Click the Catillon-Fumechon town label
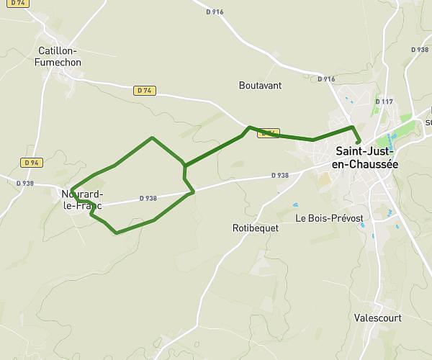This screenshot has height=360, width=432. (x=58, y=56)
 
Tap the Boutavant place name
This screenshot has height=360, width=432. (x=260, y=85)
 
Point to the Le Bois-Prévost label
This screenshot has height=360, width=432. (x=329, y=217)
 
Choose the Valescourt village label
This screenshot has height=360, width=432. (x=379, y=317)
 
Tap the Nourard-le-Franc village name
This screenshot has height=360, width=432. (x=81, y=200)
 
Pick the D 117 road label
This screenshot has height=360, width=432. (x=384, y=102)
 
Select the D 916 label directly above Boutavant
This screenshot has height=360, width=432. (x=214, y=12)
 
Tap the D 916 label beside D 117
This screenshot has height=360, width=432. (x=326, y=79)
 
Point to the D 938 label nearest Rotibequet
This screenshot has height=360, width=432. (x=279, y=176)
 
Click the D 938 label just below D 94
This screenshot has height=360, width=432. (x=25, y=183)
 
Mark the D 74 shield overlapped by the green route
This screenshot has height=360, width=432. (x=268, y=133)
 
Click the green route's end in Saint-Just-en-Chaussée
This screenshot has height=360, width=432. (x=358, y=142)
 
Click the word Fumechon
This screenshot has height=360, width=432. (x=58, y=63)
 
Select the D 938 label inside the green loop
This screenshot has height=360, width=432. (x=148, y=198)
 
